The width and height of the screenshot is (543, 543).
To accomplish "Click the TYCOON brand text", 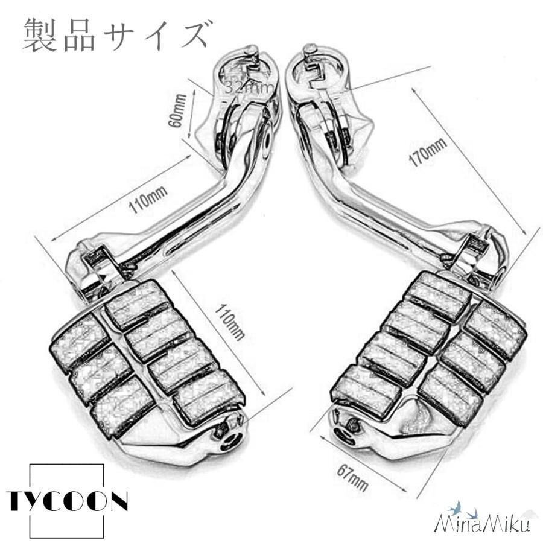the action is [x=67, y=501].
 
